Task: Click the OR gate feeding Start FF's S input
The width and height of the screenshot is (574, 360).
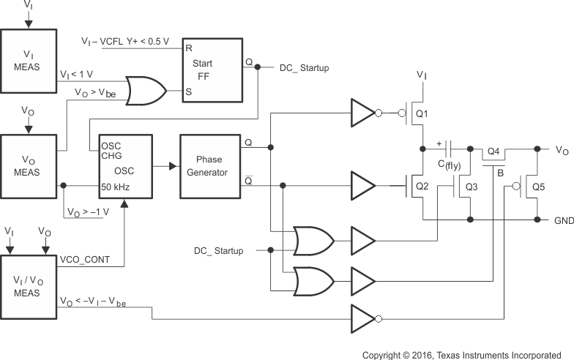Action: click(x=145, y=91)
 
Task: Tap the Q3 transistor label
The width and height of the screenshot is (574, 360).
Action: click(x=471, y=187)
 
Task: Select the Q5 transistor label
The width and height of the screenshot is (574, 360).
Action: click(x=538, y=187)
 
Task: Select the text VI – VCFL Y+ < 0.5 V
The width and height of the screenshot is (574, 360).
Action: click(x=124, y=41)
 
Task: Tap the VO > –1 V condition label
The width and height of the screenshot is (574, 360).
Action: click(x=88, y=211)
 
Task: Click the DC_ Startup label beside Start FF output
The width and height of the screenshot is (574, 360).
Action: click(x=305, y=67)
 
